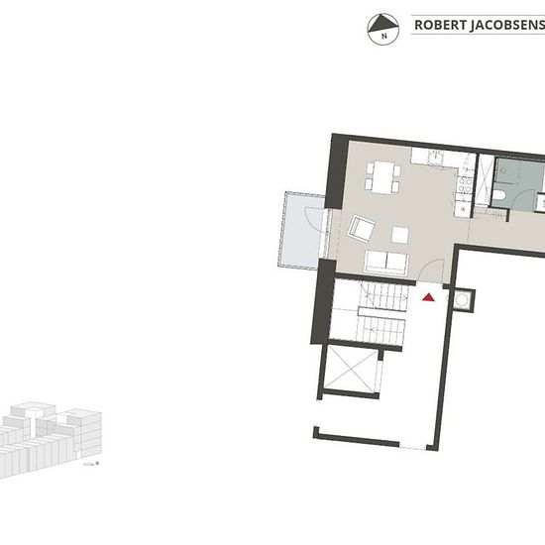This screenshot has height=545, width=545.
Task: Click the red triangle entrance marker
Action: pos(428,297)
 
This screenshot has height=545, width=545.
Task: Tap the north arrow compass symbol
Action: pos(383,29)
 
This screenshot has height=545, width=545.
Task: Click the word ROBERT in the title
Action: pos(439,25)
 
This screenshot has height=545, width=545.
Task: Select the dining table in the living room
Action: pos(382,177)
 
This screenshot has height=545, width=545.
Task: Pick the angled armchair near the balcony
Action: pos(362,229)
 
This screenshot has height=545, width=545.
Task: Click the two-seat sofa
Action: pos(386,263)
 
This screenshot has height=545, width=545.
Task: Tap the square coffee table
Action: pos(400,235)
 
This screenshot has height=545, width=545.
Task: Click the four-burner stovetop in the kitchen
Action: pos(465,185)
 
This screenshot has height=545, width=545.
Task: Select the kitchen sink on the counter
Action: pos(435,158)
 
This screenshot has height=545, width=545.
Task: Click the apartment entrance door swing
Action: pos(431,272)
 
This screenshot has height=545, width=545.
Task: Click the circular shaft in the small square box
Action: pos(462,300)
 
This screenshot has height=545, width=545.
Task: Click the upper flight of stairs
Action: pos(385,296)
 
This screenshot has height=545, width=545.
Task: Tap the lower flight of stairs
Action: pos(381,330)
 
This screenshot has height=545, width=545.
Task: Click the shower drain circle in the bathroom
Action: pos(502,170)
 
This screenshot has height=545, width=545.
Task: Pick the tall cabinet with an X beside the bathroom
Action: pos(485,180)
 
